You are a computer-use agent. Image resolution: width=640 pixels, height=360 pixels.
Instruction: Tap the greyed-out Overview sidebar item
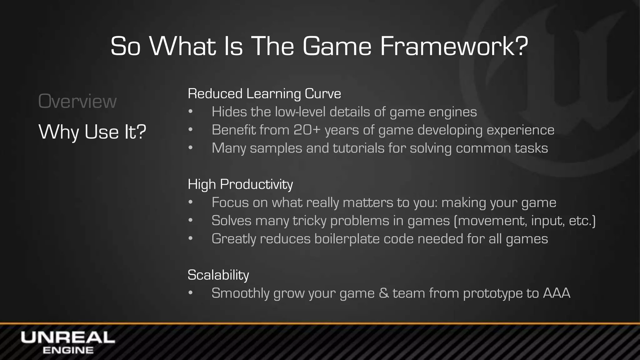[x=77, y=102]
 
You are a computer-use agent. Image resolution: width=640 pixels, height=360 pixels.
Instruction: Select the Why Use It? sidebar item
[x=92, y=132]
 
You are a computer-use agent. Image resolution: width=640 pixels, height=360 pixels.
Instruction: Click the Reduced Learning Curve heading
[x=264, y=94]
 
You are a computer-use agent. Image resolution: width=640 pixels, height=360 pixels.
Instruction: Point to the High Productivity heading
[x=240, y=184]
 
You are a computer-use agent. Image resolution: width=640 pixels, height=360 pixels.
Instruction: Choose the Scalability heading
[x=218, y=275]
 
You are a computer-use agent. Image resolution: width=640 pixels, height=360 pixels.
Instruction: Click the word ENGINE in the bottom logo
[x=68, y=350]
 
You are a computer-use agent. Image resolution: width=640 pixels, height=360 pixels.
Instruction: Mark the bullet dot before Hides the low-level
[x=191, y=112]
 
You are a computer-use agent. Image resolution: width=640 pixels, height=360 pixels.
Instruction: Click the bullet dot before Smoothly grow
[x=191, y=293]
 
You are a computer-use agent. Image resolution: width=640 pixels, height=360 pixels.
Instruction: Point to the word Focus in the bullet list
[x=230, y=202]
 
